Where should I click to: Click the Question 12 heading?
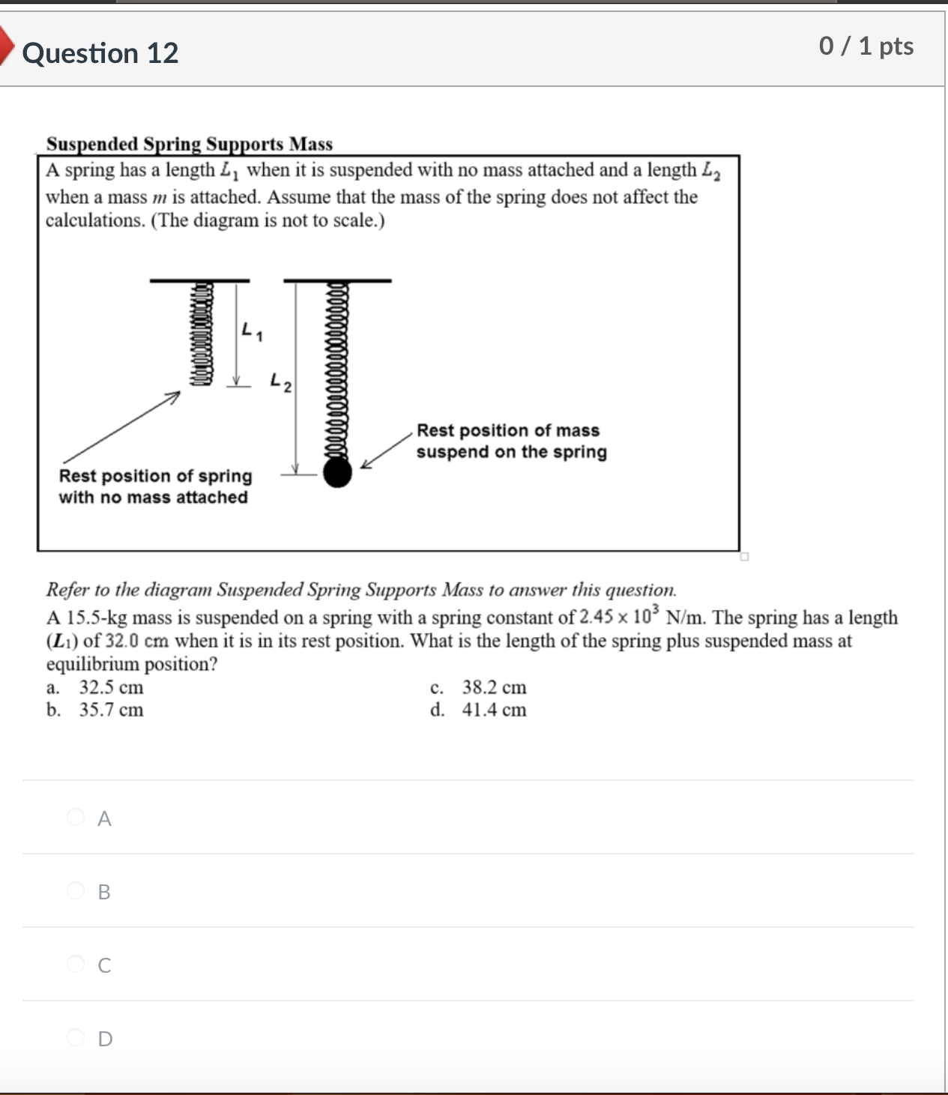(x=100, y=53)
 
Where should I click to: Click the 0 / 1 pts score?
(x=866, y=46)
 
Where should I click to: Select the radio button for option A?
(x=76, y=817)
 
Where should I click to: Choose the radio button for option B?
(x=76, y=890)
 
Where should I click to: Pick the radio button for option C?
(x=76, y=964)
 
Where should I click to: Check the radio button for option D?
(x=76, y=1037)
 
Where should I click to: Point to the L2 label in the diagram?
(x=281, y=382)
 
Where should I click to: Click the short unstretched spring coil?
(x=202, y=334)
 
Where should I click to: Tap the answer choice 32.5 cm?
(x=111, y=687)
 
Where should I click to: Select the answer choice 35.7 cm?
(x=111, y=710)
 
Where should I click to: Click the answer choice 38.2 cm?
(x=494, y=687)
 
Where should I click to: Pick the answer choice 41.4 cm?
(x=494, y=710)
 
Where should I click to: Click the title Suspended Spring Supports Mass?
(x=190, y=143)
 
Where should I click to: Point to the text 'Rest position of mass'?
(x=507, y=430)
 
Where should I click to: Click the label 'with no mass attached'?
(x=153, y=497)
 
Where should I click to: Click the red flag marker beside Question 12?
(x=6, y=46)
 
